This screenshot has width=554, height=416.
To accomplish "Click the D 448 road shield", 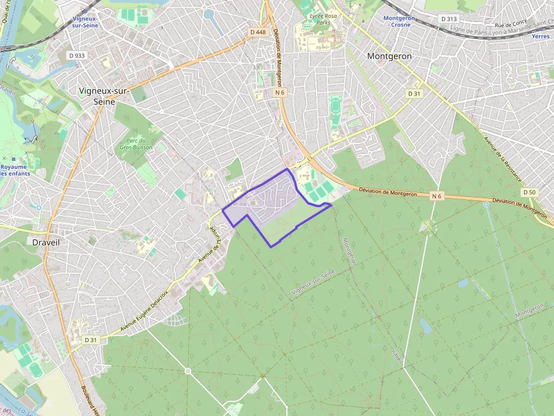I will [x=257, y=32].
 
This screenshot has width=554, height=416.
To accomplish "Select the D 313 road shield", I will [x=448, y=19].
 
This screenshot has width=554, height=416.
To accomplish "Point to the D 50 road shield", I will [x=529, y=192].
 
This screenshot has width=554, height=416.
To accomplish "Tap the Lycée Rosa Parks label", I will [x=323, y=19].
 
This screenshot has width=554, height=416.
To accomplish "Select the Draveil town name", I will [x=46, y=242].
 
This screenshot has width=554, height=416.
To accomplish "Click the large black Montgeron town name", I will [x=389, y=56].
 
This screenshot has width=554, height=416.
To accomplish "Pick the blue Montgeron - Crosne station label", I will [x=399, y=21].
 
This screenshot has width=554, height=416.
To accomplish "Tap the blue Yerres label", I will [x=540, y=36].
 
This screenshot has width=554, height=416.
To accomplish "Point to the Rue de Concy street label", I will [x=510, y=24].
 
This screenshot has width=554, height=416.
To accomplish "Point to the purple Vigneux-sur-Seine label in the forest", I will [x=313, y=282].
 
